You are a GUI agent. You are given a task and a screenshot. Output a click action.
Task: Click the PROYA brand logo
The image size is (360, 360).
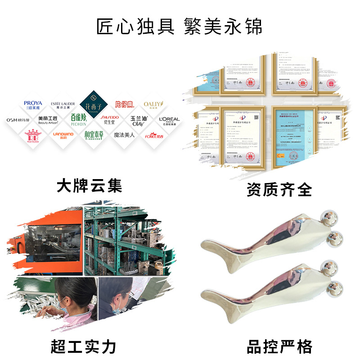point(33,106)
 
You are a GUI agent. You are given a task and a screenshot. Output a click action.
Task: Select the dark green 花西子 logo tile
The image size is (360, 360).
point(91,105)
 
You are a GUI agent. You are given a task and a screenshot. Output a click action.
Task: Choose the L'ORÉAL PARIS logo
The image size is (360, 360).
point(169,120)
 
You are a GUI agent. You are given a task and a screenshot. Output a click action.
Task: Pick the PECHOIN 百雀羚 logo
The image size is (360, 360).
point(78,120)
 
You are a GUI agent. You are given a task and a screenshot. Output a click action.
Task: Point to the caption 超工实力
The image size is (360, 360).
point(84,346)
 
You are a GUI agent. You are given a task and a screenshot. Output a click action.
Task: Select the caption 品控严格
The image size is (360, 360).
point(279,346)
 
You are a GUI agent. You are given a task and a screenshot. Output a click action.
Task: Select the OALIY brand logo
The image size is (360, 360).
point(153,106)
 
